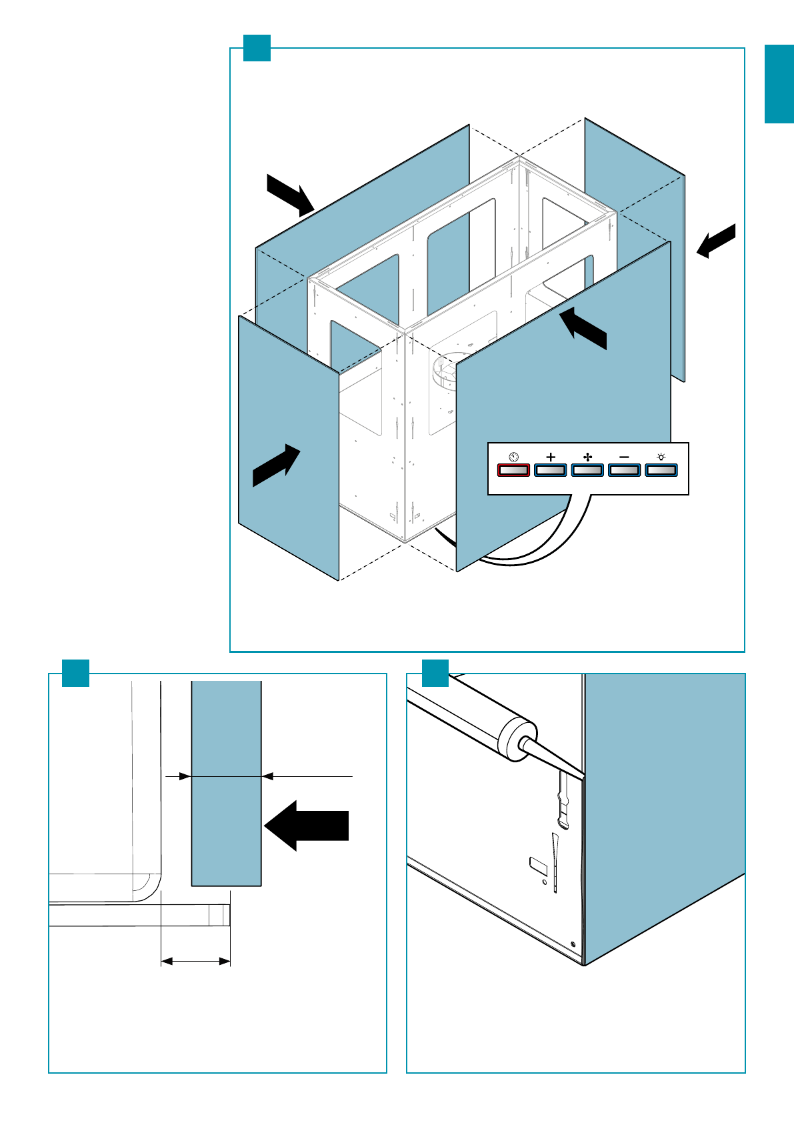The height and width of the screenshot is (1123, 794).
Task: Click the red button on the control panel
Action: tap(513, 470)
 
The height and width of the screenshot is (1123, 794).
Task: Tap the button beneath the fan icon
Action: tap(587, 470)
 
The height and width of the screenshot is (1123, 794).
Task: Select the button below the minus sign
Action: tap(625, 470)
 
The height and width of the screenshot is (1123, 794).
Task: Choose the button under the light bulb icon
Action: tap(661, 470)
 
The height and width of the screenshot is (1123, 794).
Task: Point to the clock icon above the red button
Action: tap(513, 457)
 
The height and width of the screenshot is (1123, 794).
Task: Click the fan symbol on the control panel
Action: tap(587, 457)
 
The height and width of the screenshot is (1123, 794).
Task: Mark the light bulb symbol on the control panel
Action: tap(661, 457)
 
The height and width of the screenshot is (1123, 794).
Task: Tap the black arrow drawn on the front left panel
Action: tap(277, 465)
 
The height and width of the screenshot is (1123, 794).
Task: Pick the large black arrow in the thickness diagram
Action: tap(307, 826)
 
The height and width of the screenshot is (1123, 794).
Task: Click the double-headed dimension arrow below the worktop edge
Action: tap(196, 961)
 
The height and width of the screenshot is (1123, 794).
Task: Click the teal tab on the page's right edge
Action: tap(779, 84)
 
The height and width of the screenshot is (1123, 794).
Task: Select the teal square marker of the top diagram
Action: tap(257, 48)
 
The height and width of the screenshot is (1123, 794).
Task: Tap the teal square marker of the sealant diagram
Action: tap(435, 673)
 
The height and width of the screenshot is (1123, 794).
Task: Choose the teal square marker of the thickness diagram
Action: tap(75, 673)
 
